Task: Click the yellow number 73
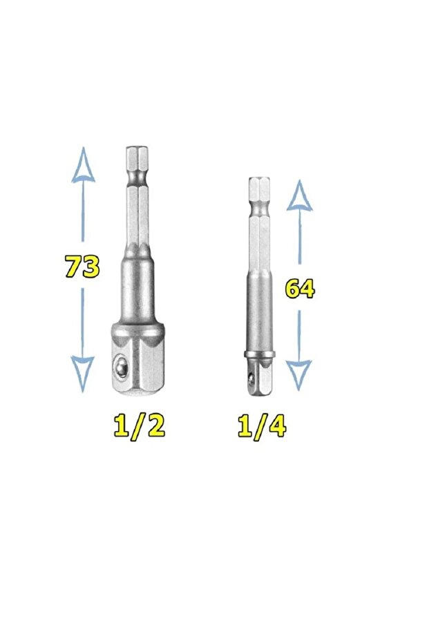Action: pyautogui.click(x=82, y=267)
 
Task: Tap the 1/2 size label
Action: pyautogui.click(x=140, y=427)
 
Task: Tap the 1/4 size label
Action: pyautogui.click(x=262, y=427)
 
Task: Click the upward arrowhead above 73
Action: pyautogui.click(x=83, y=165)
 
